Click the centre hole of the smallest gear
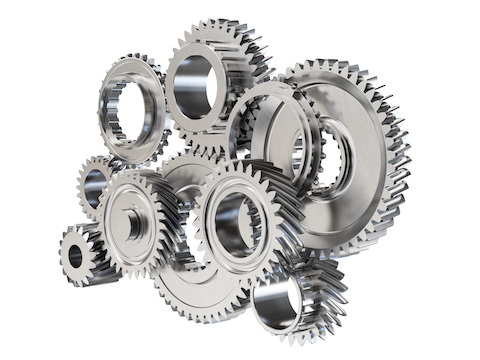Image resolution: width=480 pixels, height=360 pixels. click(75, 256)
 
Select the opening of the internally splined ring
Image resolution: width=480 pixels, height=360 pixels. click(129, 110)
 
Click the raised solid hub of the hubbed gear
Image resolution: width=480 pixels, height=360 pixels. click(133, 224)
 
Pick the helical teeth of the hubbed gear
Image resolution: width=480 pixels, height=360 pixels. click(170, 235)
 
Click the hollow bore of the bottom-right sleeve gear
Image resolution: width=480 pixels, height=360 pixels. click(279, 302)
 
